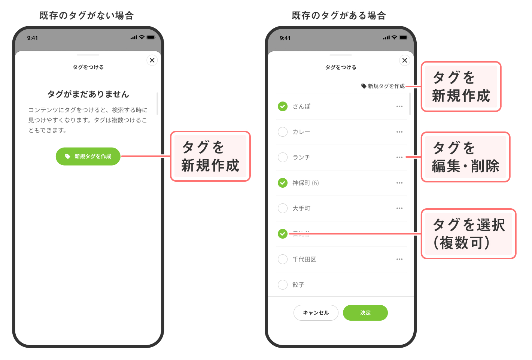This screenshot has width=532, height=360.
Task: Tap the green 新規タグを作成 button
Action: click(x=88, y=157)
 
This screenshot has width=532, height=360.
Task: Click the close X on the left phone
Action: click(x=152, y=60)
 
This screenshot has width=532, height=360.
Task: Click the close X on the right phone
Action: click(x=405, y=60)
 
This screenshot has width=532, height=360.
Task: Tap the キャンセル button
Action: click(x=316, y=313)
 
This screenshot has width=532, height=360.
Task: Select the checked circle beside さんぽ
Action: click(x=283, y=106)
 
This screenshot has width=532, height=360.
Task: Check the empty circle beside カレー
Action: click(x=283, y=132)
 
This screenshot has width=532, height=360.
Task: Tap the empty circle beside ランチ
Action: click(x=283, y=157)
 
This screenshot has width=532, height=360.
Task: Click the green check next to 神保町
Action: click(x=283, y=183)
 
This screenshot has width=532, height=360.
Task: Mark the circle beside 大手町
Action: click(x=283, y=208)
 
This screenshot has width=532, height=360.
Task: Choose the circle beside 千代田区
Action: click(x=283, y=259)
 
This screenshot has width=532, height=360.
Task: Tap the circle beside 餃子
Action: click(x=283, y=285)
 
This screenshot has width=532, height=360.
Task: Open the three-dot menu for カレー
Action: click(x=399, y=132)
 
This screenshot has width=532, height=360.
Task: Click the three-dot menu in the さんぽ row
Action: click(x=399, y=106)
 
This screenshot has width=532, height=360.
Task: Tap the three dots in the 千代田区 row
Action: click(x=399, y=259)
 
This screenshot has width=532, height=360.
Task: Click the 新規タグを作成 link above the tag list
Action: click(x=383, y=86)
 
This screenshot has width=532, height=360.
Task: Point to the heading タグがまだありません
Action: click(x=88, y=94)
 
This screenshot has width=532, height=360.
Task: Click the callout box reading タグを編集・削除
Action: click(x=465, y=157)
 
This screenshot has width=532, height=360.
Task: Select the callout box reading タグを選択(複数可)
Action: click(x=468, y=234)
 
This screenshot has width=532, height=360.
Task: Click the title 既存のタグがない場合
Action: click(x=86, y=15)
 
